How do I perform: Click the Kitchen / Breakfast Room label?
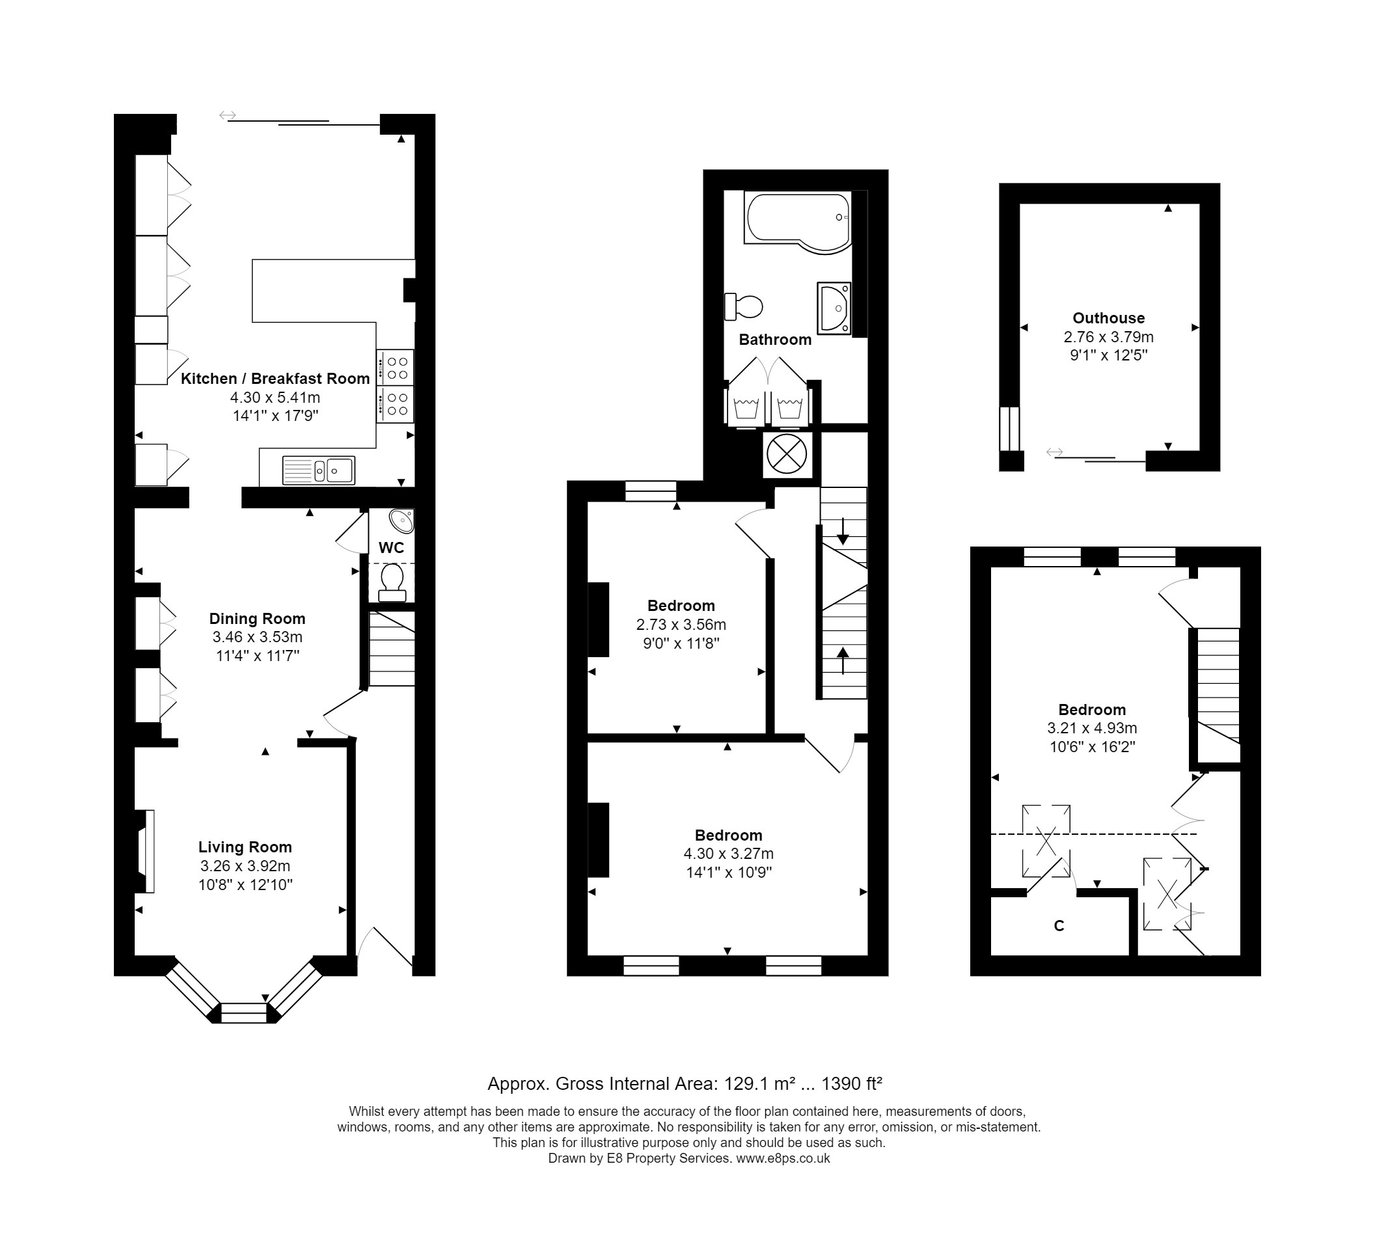coord(275,379)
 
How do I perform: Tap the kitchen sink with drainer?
coord(318,470)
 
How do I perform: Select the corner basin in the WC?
coord(402,521)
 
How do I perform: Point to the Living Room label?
coord(245,847)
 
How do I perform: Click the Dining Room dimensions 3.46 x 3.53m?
coord(257,638)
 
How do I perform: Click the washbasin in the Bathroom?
coord(834,308)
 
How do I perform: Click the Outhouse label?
coord(1108,318)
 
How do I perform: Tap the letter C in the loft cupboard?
coord(1059,926)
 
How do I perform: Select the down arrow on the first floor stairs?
coord(843,530)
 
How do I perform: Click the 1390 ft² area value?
coord(852,1084)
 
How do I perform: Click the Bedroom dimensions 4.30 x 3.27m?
coord(728,854)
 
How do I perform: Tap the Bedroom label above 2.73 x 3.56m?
coord(681,606)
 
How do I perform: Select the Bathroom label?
coord(775,340)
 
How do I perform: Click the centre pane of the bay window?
coord(243,1013)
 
